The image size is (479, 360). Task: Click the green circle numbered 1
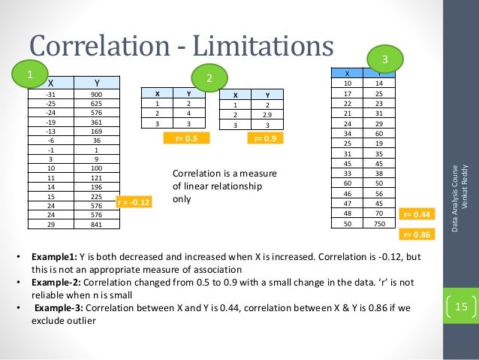point(30,74)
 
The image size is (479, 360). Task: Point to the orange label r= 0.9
point(266,138)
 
